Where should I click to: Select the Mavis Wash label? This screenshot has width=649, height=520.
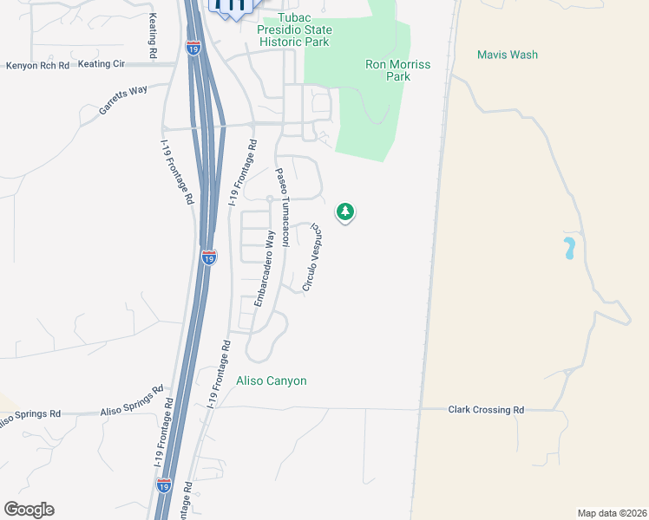point(508,55)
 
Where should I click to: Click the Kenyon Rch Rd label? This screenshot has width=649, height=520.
point(36,65)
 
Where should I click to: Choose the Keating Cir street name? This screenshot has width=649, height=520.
point(102,63)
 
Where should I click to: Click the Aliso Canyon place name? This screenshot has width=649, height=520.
point(272,380)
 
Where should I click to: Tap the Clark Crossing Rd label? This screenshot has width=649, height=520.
point(486,410)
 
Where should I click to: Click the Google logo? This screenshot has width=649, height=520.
point(29,510)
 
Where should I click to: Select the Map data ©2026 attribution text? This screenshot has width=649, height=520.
point(612,513)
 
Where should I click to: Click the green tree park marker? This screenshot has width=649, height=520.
point(345,211)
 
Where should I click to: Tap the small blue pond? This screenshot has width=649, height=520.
point(569,249)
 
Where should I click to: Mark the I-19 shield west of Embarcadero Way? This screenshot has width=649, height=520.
point(208,257)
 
